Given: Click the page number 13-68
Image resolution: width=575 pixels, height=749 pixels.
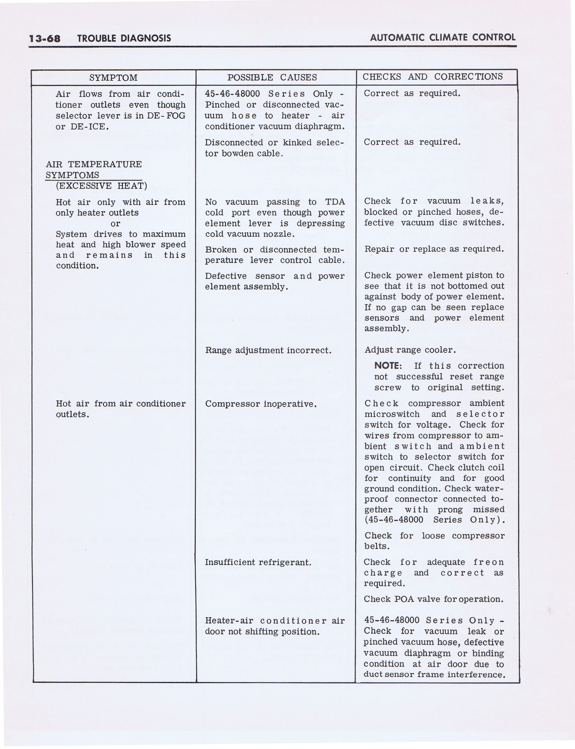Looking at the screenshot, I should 45,38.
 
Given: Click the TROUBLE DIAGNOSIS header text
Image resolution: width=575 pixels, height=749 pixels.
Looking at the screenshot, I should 124,38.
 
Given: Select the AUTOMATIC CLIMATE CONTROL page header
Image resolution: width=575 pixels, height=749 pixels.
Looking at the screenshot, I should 443,37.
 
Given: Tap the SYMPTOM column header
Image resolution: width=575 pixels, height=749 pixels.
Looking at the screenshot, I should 113,78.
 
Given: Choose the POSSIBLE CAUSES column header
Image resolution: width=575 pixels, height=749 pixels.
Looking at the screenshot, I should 272,77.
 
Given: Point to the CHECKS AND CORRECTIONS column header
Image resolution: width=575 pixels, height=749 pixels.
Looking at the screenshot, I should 433,77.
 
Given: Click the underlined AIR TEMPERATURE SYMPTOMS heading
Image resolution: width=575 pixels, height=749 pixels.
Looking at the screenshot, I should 93,170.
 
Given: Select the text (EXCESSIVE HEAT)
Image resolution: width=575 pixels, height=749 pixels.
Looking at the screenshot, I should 101,186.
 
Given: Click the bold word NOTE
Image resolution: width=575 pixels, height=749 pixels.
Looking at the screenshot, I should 387,366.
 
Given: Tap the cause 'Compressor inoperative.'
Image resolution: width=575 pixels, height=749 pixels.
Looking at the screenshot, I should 261,404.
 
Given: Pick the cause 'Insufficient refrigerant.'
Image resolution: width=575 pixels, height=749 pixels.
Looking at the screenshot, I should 258,562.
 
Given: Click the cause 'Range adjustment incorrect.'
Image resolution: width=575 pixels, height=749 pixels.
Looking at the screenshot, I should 268,350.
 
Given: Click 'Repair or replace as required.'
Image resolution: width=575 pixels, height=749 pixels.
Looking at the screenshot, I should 434,249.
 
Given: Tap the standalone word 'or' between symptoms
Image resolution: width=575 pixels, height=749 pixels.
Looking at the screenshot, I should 115,224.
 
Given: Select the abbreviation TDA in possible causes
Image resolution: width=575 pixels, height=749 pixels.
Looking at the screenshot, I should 335,202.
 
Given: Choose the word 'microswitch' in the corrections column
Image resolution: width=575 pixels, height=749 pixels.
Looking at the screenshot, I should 392,414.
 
